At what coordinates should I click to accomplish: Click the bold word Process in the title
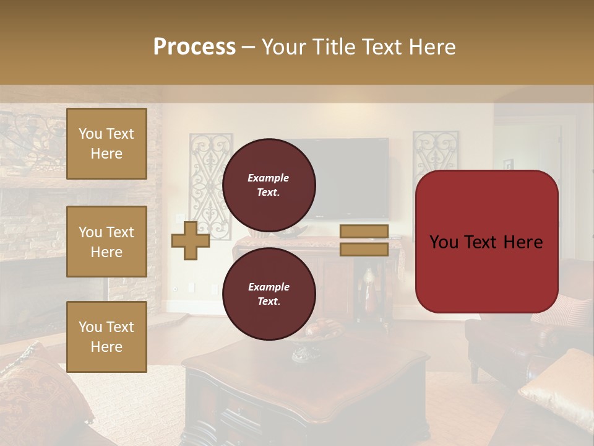194,47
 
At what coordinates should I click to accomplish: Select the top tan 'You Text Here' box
106,144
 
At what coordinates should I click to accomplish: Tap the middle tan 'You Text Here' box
106,242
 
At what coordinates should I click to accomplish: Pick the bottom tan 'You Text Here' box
106,337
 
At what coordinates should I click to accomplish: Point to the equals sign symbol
364,240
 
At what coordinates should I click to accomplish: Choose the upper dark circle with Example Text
269,185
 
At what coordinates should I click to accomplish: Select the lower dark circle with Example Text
269,294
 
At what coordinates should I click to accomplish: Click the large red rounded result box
486,242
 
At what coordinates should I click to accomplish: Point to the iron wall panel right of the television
436,152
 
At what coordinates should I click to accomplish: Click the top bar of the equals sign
364,232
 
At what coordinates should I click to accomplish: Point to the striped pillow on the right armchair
566,310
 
